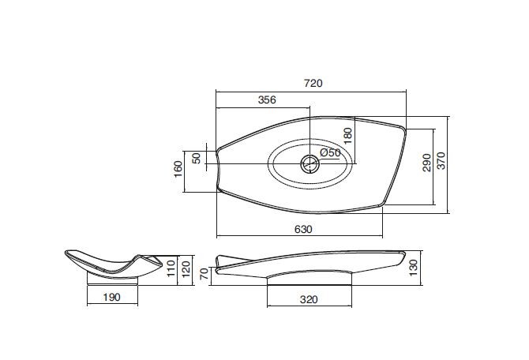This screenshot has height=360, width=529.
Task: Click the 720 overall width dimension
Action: pyautogui.click(x=313, y=83)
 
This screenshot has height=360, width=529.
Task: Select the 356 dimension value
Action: pyautogui.click(x=267, y=100)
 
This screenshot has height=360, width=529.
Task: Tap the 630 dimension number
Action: pyautogui.click(x=303, y=230)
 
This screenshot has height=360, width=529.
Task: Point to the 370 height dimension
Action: pyautogui.click(x=441, y=160)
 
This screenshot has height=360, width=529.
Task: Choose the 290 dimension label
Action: pyautogui.click(x=427, y=163)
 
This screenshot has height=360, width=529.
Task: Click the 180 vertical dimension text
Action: pyautogui.click(x=347, y=136)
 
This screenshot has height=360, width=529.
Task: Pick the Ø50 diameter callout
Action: pyautogui.click(x=330, y=152)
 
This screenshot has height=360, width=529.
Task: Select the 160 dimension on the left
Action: pyautogui.click(x=178, y=169)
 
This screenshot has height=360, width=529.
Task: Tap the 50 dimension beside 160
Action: pyautogui.click(x=197, y=158)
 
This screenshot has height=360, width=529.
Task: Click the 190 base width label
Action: pyautogui.click(x=111, y=298)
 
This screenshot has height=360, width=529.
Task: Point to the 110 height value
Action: pyautogui.click(x=171, y=268)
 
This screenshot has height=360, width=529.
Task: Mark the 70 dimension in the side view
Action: pyautogui.click(x=204, y=274)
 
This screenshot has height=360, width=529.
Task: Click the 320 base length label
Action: pyautogui.click(x=309, y=299)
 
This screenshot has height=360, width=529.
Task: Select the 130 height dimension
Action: pyautogui.click(x=413, y=268)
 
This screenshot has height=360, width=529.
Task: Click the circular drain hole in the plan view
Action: pyautogui.click(x=310, y=164)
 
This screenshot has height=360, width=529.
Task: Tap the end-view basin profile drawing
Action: pyautogui.click(x=114, y=264)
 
